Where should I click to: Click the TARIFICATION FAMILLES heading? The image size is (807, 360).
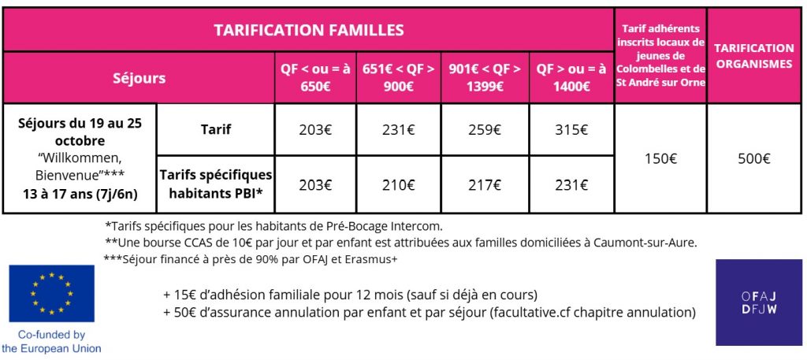tap(309, 31)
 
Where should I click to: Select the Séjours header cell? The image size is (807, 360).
tap(139, 78)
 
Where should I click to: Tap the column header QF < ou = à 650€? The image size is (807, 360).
tap(315, 77)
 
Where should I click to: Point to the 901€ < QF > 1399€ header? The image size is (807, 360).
tap(485, 77)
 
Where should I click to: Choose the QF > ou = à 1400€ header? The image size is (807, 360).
tap(571, 77)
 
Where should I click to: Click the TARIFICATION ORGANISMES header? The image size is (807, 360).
tap(754, 56)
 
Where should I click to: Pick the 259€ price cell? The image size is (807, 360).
tap(485, 129)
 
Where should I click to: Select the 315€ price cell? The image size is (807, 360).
tap(571, 129)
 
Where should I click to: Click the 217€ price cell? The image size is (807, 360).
tap(485, 185)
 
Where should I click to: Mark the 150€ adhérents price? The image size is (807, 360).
tap(660, 158)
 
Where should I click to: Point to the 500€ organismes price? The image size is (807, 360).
tap(754, 158)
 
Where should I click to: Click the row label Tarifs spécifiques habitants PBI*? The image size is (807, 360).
tap(216, 184)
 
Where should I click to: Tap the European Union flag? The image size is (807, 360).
tap(51, 294)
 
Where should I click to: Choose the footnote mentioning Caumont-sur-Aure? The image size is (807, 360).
tap(400, 242)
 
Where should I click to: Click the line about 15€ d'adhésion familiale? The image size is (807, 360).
tap(350, 295)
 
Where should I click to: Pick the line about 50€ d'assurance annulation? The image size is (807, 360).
tap(430, 313)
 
